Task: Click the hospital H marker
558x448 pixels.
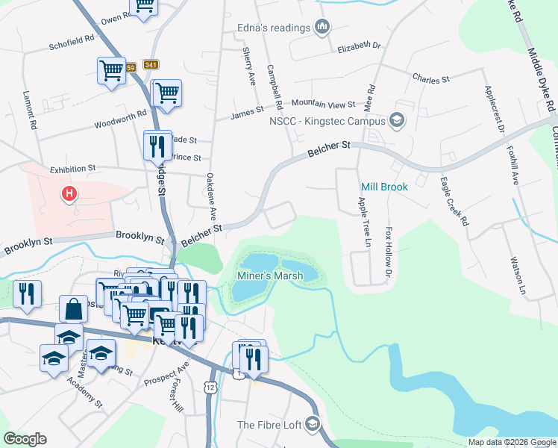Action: (69, 195)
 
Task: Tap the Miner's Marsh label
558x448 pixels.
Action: (269, 276)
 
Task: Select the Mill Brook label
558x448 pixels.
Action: (384, 187)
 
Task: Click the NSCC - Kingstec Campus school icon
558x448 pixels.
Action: (397, 120)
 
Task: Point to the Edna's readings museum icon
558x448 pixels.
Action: (322, 28)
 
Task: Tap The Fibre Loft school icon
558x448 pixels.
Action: (313, 425)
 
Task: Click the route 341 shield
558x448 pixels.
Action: (151, 66)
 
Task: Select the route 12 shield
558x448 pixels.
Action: (212, 387)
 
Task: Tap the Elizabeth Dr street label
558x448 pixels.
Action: (359, 46)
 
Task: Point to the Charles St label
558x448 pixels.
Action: (430, 78)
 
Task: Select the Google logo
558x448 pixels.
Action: (25, 439)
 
